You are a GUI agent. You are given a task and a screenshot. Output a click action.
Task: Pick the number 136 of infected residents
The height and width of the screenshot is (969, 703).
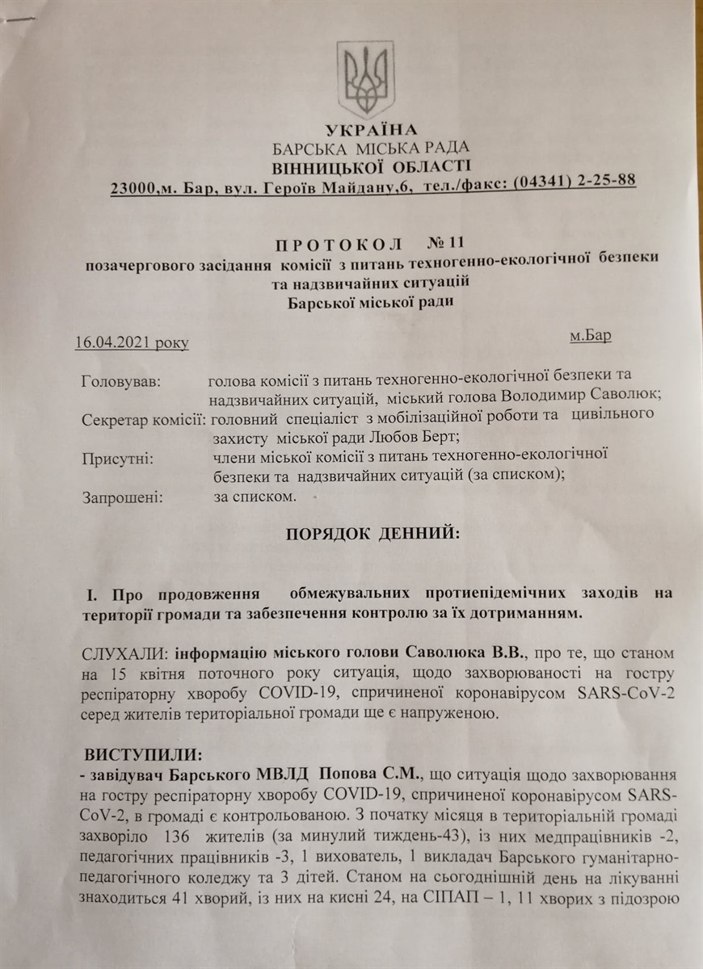pos(175,832)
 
